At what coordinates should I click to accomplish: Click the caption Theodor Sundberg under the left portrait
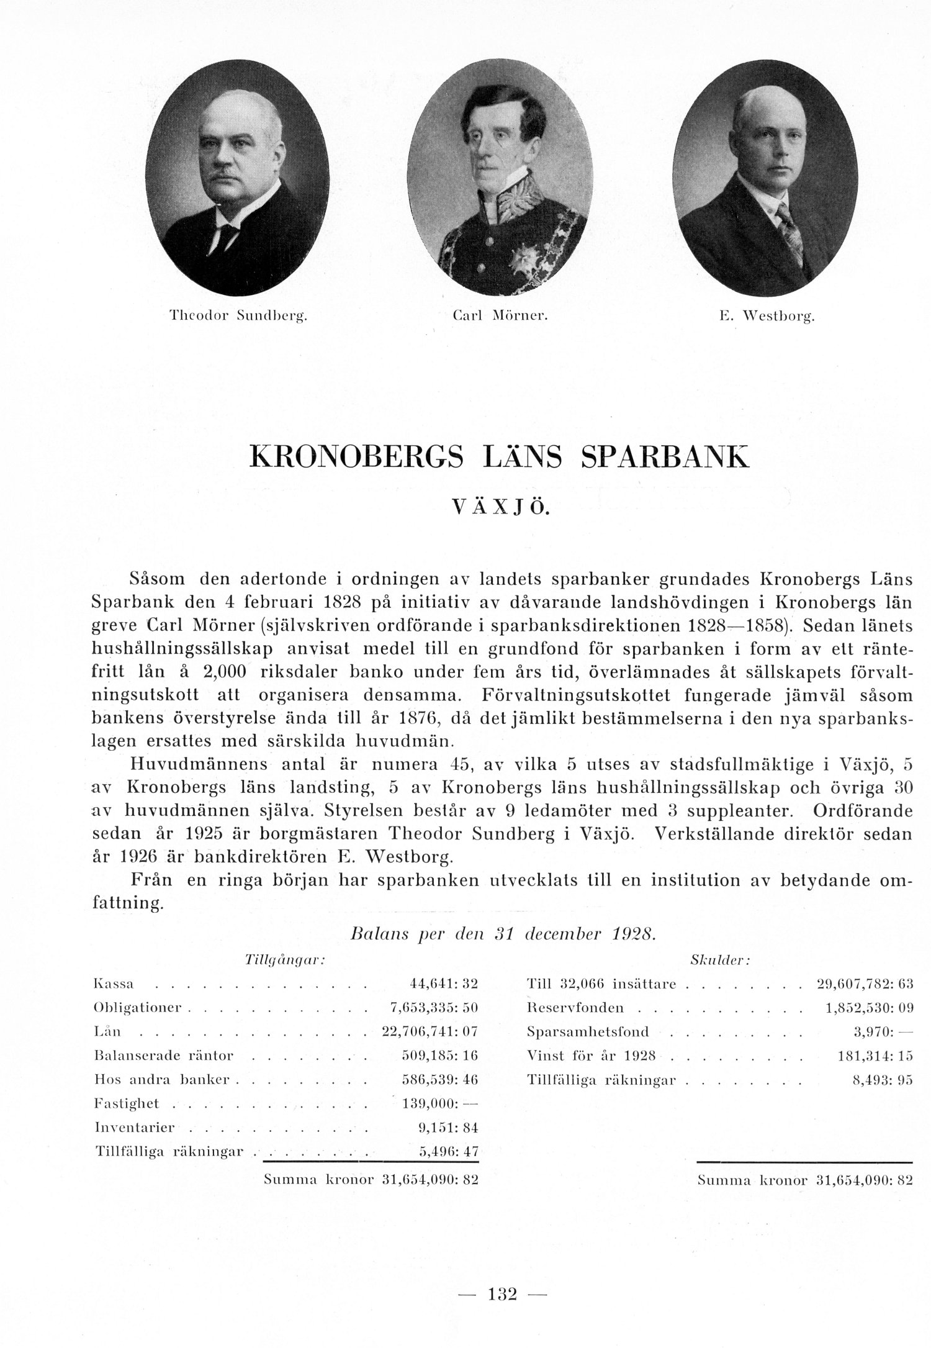pyautogui.click(x=239, y=316)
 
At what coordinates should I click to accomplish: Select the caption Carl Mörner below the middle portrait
pyautogui.click(x=500, y=316)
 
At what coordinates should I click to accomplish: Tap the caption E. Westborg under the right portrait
pyautogui.click(x=767, y=317)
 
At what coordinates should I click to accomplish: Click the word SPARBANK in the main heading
pyautogui.click(x=665, y=456)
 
